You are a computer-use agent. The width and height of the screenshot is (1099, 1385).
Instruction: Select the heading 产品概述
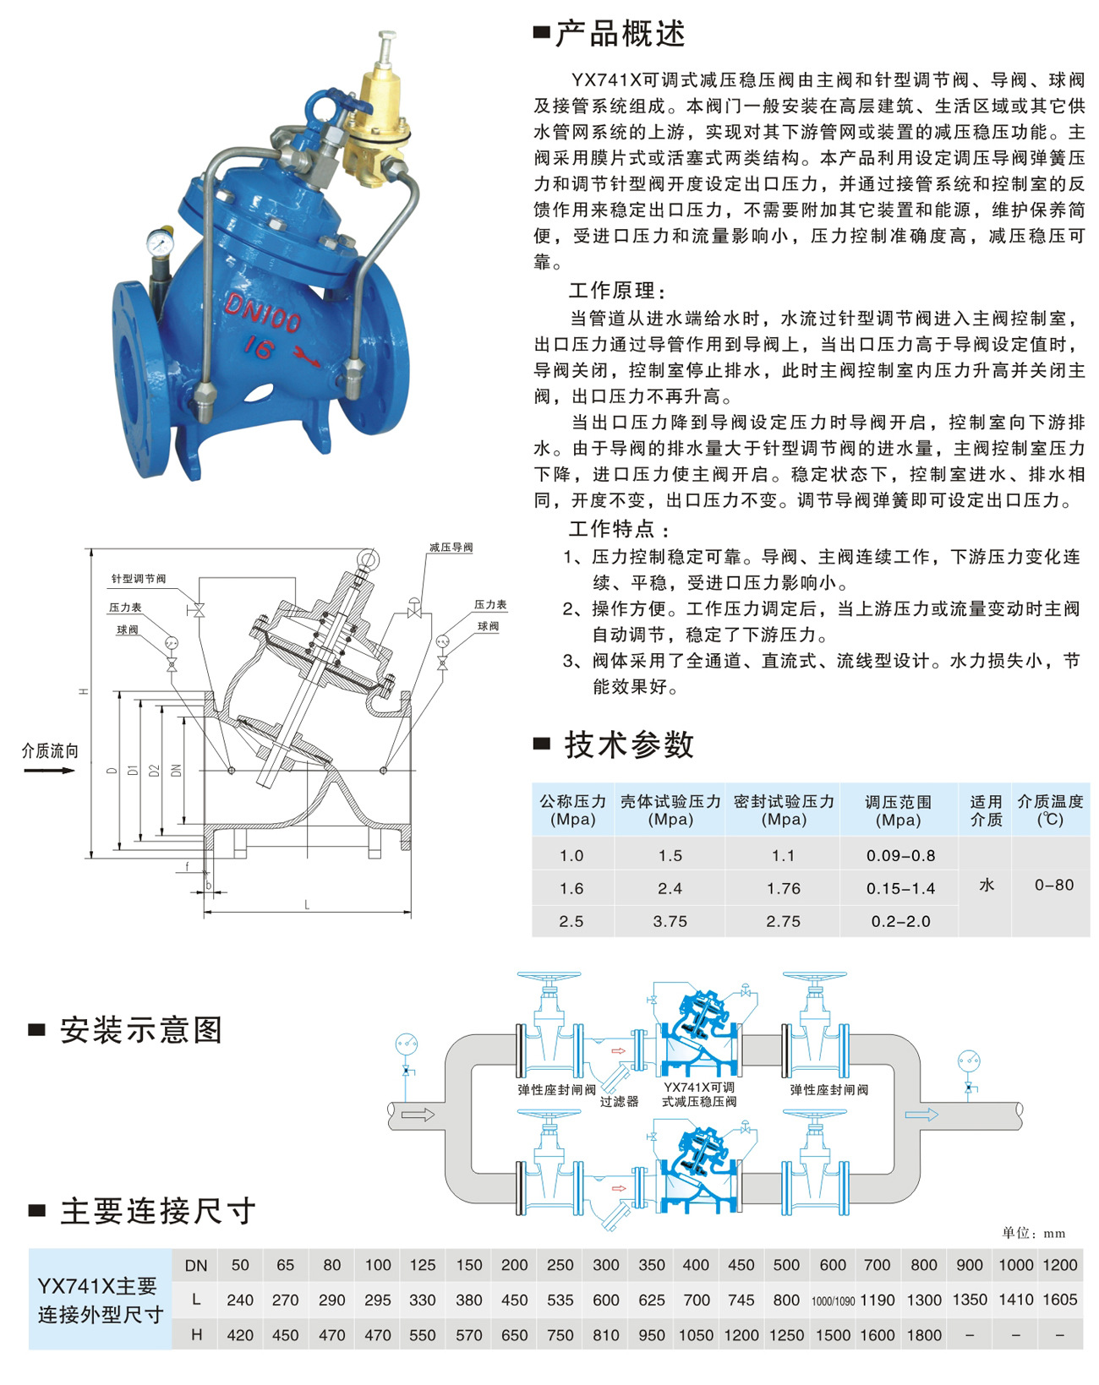tap(620, 34)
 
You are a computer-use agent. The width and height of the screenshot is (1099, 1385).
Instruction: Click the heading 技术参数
tap(629, 744)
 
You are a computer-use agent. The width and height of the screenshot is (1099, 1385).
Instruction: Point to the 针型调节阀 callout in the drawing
tap(139, 579)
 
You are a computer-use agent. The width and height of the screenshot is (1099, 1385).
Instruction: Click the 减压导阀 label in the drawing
tap(451, 548)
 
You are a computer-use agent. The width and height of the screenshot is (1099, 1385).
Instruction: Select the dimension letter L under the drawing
tap(307, 905)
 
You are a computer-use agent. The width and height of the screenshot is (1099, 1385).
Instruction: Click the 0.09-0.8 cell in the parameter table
tap(900, 855)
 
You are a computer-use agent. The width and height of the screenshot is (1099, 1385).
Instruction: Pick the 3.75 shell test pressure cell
tap(670, 921)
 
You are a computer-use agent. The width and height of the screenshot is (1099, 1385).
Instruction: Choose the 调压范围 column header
tap(898, 810)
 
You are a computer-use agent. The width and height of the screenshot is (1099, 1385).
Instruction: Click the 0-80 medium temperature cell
tap(1053, 885)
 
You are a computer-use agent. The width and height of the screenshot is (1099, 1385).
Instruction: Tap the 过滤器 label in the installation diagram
tap(619, 1101)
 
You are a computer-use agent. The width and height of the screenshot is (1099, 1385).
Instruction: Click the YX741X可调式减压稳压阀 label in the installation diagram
tap(699, 1094)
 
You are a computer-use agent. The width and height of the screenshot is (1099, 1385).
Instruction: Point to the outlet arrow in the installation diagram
tap(921, 1115)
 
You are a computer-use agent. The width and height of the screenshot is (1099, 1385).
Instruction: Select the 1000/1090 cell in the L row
tap(833, 1301)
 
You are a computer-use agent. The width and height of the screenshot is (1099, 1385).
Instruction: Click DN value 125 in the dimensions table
tap(423, 1265)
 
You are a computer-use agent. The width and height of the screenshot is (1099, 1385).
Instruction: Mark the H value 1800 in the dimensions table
tap(923, 1335)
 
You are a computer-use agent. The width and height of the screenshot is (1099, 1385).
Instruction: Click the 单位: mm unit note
tap(1033, 1233)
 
